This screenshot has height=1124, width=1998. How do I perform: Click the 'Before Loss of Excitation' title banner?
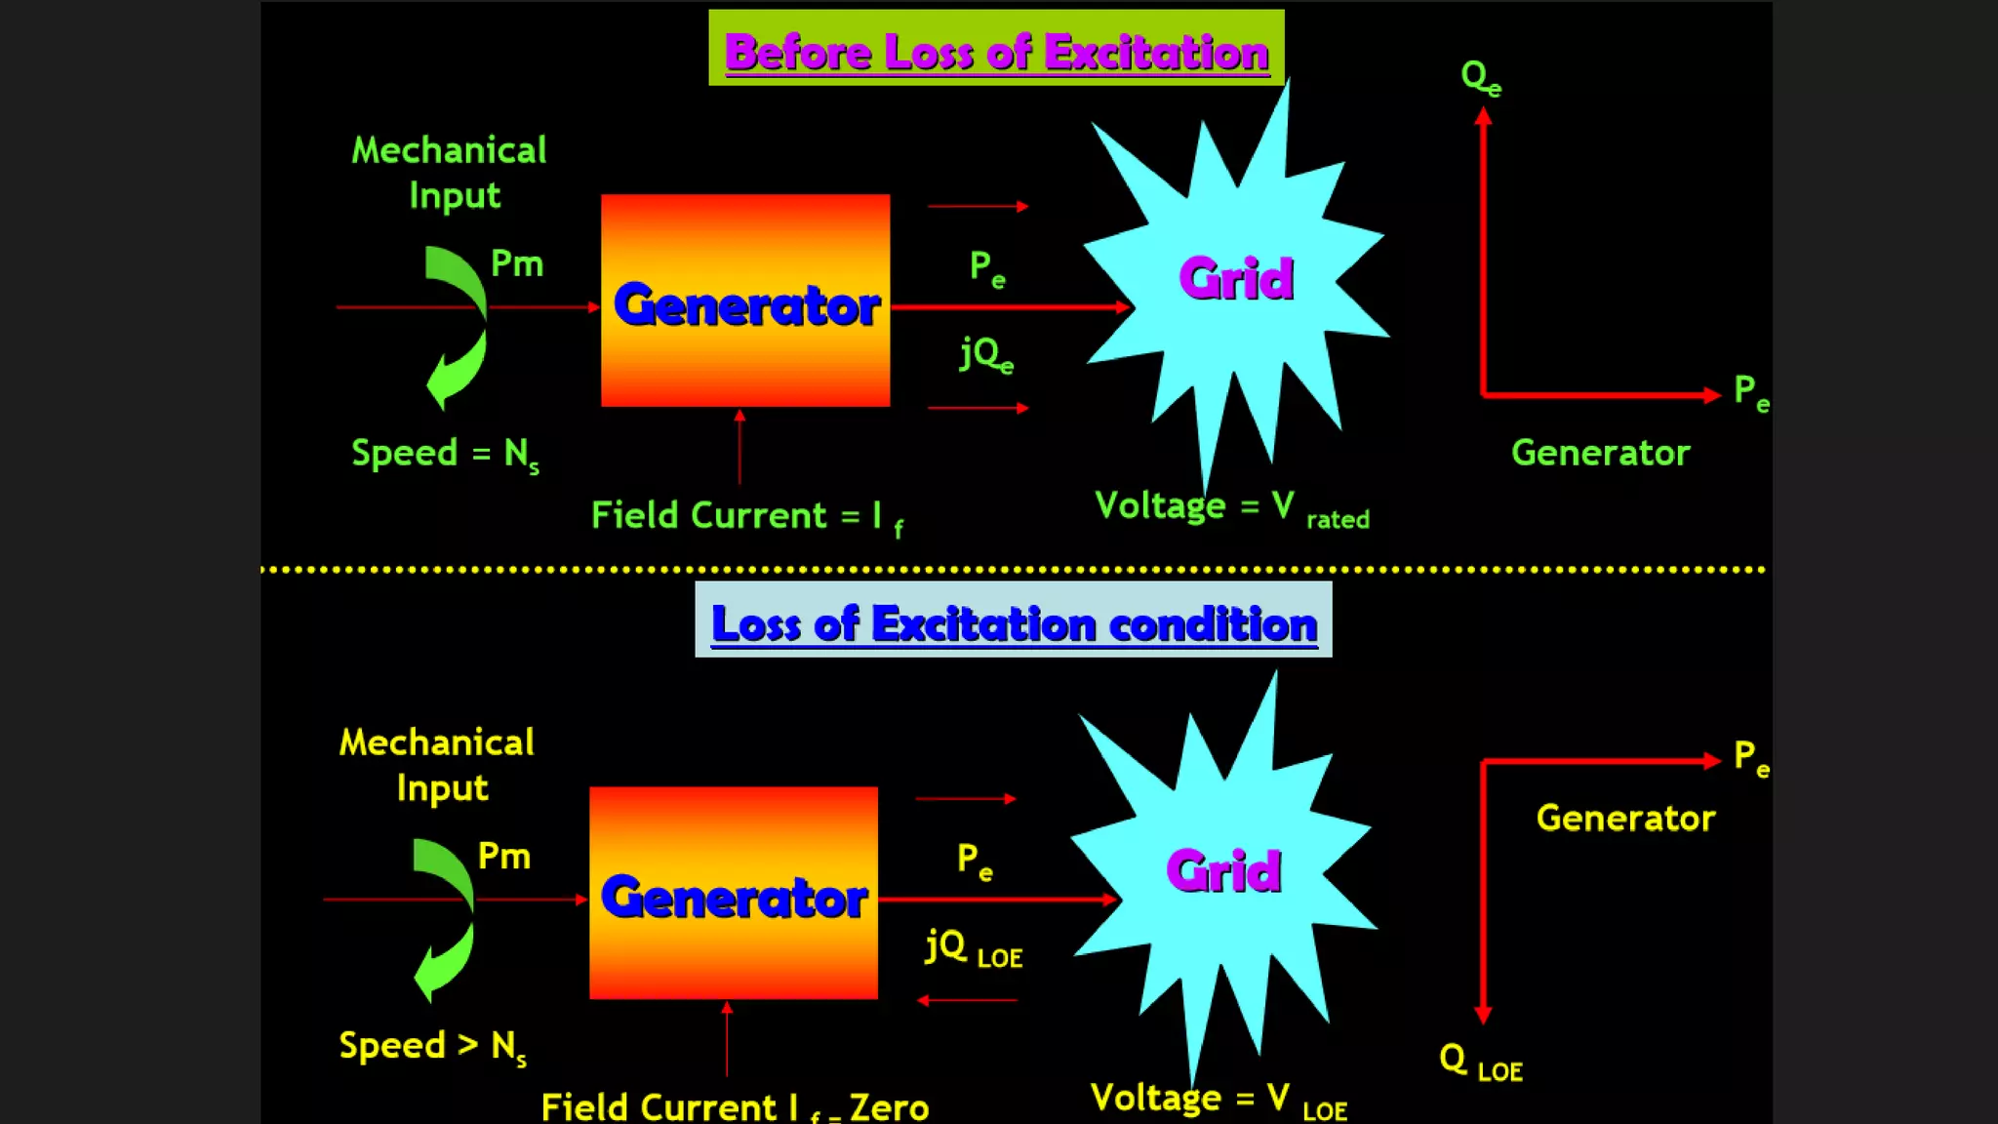click(996, 50)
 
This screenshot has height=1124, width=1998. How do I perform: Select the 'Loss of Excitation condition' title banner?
click(1013, 622)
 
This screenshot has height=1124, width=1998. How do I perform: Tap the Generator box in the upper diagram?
click(745, 301)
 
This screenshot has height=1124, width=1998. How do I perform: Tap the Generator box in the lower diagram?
click(734, 894)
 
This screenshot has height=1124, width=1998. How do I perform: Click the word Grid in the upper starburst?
click(1236, 279)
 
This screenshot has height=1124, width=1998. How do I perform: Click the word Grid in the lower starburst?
click(1223, 870)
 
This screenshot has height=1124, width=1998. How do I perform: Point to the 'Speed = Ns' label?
click(445, 455)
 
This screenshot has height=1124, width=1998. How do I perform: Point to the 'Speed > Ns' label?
click(432, 1047)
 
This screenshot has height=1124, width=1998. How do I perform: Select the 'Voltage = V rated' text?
click(1231, 508)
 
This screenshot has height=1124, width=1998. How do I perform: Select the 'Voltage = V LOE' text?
click(1219, 1101)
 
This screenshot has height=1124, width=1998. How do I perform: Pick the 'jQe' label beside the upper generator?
click(986, 354)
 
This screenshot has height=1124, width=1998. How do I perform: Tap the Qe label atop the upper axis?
click(1480, 77)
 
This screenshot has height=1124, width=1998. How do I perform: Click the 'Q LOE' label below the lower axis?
click(1480, 1062)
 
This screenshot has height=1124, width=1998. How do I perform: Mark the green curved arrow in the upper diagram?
click(457, 326)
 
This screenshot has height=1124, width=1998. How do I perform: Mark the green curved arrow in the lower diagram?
click(444, 918)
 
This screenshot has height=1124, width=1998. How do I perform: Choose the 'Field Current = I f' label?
click(747, 516)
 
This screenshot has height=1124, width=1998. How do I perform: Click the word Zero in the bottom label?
click(889, 1107)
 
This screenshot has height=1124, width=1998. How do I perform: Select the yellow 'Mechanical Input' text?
click(437, 765)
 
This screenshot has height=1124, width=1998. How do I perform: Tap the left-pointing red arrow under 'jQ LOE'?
click(967, 1000)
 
